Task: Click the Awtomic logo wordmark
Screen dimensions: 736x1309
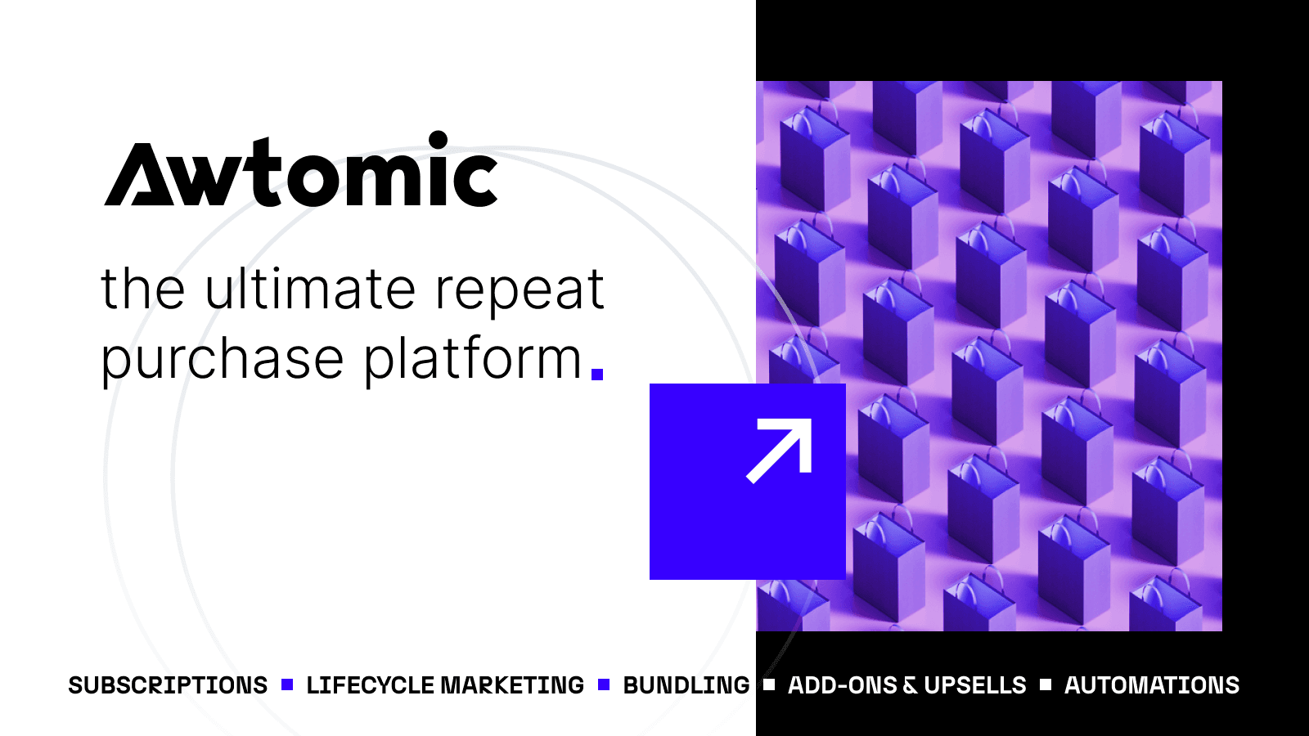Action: click(301, 170)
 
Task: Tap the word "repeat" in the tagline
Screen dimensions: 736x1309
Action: click(520, 291)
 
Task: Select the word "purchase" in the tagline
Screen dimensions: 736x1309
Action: click(222, 361)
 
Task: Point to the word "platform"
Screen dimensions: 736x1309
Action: click(472, 361)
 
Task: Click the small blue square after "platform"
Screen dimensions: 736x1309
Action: click(597, 375)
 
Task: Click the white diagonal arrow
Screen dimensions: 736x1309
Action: click(780, 450)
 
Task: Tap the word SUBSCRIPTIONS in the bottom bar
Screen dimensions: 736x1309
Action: click(168, 685)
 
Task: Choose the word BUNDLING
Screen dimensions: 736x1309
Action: click(686, 685)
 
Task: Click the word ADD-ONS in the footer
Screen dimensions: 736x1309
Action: click(843, 685)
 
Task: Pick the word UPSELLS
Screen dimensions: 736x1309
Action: click(975, 685)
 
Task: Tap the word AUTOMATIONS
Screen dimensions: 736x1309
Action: click(1152, 685)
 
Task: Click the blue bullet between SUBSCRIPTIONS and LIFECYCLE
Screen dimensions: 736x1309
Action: click(287, 684)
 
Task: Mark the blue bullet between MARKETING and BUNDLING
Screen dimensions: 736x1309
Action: click(604, 684)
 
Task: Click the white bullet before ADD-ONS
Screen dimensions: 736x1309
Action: click(769, 684)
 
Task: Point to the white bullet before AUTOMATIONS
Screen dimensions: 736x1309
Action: click(1046, 684)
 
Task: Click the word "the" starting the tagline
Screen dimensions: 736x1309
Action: click(143, 289)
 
